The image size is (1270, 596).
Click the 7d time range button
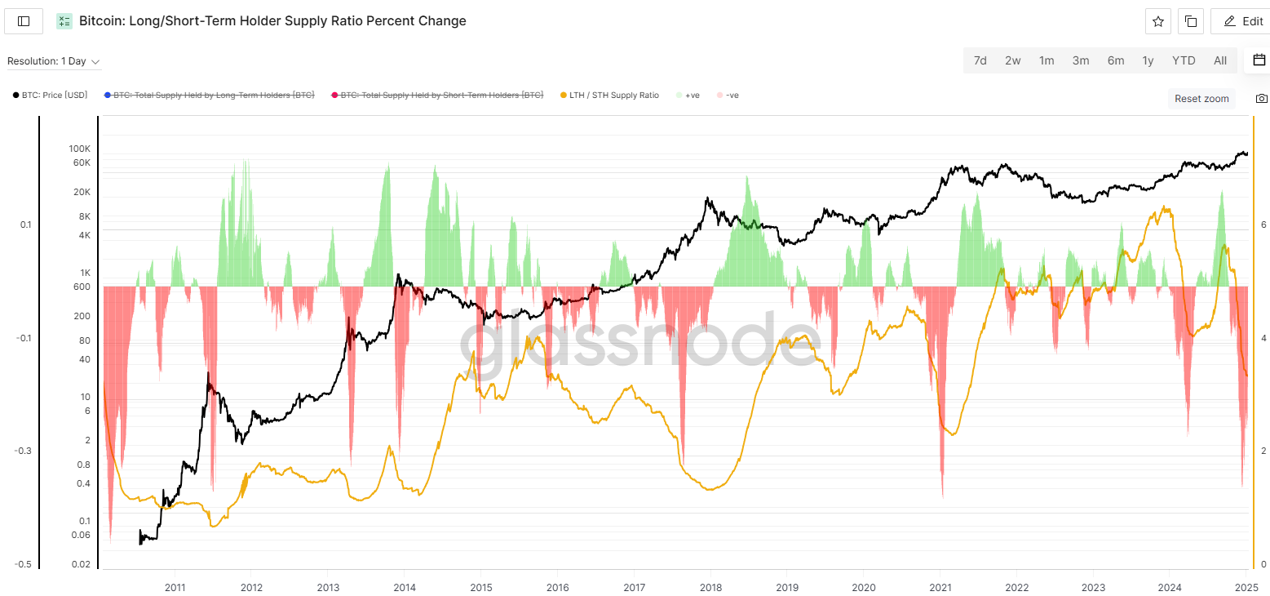(980, 60)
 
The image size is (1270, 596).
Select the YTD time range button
(1184, 60)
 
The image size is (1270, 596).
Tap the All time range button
(1220, 60)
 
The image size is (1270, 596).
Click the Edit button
(1243, 21)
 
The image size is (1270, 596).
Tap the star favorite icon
(1158, 21)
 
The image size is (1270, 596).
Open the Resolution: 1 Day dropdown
(54, 61)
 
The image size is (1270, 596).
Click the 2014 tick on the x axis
(404, 587)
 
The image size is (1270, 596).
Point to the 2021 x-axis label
(940, 587)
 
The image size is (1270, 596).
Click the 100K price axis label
(80, 149)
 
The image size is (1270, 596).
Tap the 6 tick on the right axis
(1263, 225)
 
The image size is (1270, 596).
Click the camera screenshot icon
(1262, 99)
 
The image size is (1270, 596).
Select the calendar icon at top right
(1259, 60)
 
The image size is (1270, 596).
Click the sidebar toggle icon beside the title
(24, 21)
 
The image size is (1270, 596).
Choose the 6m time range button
(1116, 60)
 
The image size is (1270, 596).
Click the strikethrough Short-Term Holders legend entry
(441, 96)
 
